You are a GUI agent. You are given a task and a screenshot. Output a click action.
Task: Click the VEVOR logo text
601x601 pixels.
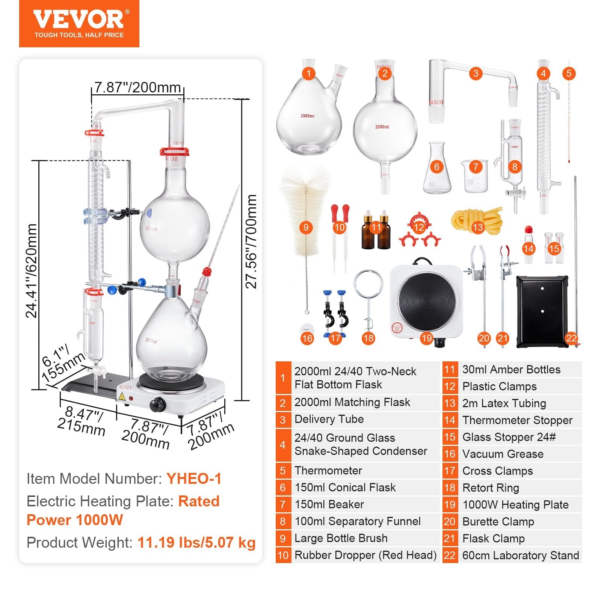[79, 19]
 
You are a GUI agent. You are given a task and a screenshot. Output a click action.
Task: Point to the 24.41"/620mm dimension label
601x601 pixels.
[32, 270]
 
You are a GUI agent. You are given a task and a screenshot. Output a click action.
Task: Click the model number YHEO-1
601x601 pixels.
[194, 479]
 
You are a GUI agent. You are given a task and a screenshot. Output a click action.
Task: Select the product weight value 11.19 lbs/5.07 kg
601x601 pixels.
[196, 542]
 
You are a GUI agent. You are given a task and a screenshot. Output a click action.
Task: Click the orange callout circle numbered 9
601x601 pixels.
[306, 227]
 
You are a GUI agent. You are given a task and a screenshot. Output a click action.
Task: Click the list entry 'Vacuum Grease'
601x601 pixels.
[503, 454]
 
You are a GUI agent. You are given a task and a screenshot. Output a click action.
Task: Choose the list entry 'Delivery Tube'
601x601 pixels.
[329, 419]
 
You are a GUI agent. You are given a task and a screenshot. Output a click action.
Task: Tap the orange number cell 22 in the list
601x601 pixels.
[449, 555]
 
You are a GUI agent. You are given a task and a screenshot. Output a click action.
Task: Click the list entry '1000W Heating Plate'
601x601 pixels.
[515, 504]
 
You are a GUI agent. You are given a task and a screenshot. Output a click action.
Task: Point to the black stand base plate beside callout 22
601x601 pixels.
[542, 312]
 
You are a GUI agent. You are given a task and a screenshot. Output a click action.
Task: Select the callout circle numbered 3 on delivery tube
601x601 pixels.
[476, 73]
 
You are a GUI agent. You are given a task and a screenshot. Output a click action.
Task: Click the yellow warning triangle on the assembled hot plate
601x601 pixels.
[122, 397]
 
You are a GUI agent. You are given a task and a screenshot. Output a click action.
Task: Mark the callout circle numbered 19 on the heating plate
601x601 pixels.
[426, 338]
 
